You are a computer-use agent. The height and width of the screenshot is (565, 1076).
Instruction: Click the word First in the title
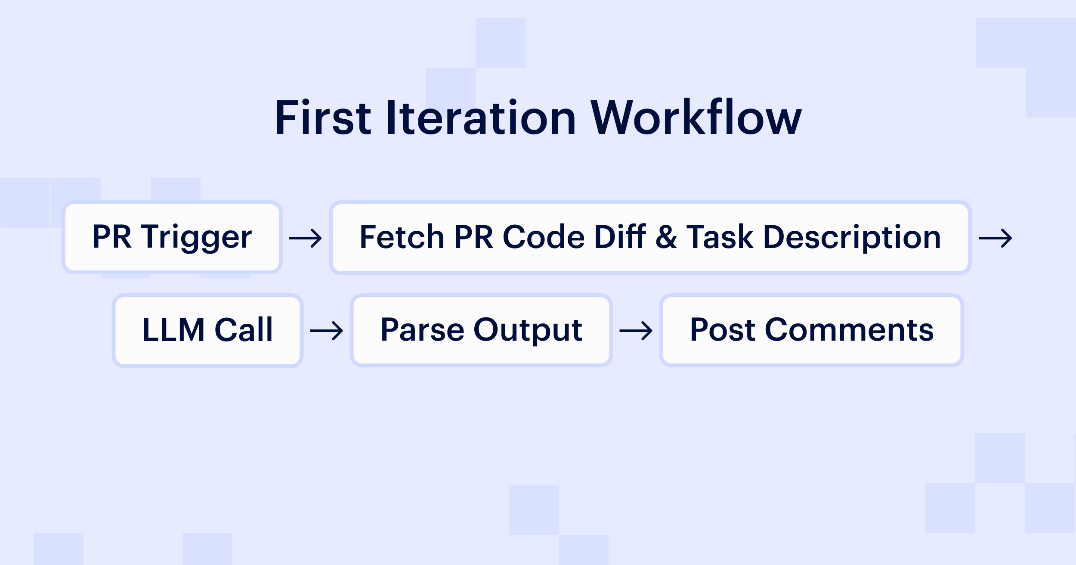tap(322, 117)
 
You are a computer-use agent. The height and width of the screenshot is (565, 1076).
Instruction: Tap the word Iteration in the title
tap(481, 117)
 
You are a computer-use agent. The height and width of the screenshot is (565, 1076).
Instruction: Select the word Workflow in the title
tap(696, 117)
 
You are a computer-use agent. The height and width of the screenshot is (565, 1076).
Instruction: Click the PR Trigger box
tap(172, 237)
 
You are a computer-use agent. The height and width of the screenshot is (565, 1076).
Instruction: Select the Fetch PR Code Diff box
tap(650, 237)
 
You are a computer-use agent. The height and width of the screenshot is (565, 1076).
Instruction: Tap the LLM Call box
tap(207, 330)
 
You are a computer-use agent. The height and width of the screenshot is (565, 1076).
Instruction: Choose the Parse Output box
tap(481, 330)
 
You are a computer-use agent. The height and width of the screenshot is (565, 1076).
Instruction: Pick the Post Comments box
tap(811, 330)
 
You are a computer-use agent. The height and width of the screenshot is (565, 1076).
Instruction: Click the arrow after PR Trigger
tap(305, 238)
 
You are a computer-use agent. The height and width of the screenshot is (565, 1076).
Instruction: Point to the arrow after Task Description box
tap(995, 238)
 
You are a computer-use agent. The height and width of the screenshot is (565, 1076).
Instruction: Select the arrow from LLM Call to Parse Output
tap(326, 331)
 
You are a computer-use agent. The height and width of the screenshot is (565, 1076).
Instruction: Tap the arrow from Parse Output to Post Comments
tap(636, 331)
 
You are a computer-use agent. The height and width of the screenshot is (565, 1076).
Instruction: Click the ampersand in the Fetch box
tap(666, 237)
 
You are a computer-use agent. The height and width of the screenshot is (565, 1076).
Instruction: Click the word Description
tap(852, 237)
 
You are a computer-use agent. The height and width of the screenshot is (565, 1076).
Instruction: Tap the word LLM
tap(173, 330)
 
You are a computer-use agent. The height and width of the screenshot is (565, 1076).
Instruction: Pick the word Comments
tap(849, 330)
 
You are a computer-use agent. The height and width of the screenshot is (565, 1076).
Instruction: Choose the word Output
tap(528, 330)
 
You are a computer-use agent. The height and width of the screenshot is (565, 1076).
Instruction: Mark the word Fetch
tap(402, 237)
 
